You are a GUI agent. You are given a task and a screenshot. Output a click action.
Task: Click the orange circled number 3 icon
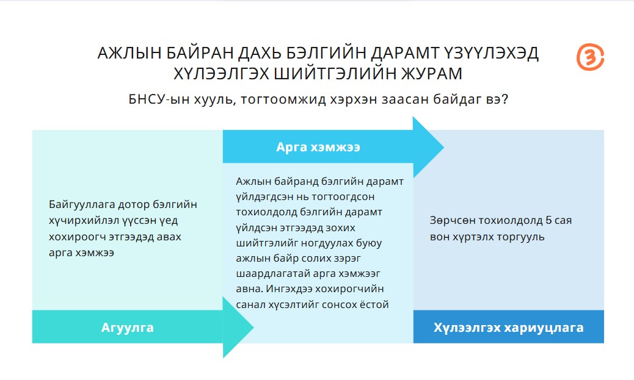[590, 57]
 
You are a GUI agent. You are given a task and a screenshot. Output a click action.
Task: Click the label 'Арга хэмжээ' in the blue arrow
[318, 147]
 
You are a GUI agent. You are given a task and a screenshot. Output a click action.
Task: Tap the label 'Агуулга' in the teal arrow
[128, 327]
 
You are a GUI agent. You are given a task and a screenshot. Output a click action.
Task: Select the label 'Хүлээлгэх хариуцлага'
[508, 327]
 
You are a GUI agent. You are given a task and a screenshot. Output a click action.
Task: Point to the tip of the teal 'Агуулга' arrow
[253, 327]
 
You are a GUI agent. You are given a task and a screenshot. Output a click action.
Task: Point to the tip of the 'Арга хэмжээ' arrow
[444, 147]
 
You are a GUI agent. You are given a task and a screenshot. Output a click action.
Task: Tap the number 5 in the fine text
[548, 220]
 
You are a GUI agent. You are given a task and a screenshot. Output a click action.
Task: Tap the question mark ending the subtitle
[505, 99]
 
